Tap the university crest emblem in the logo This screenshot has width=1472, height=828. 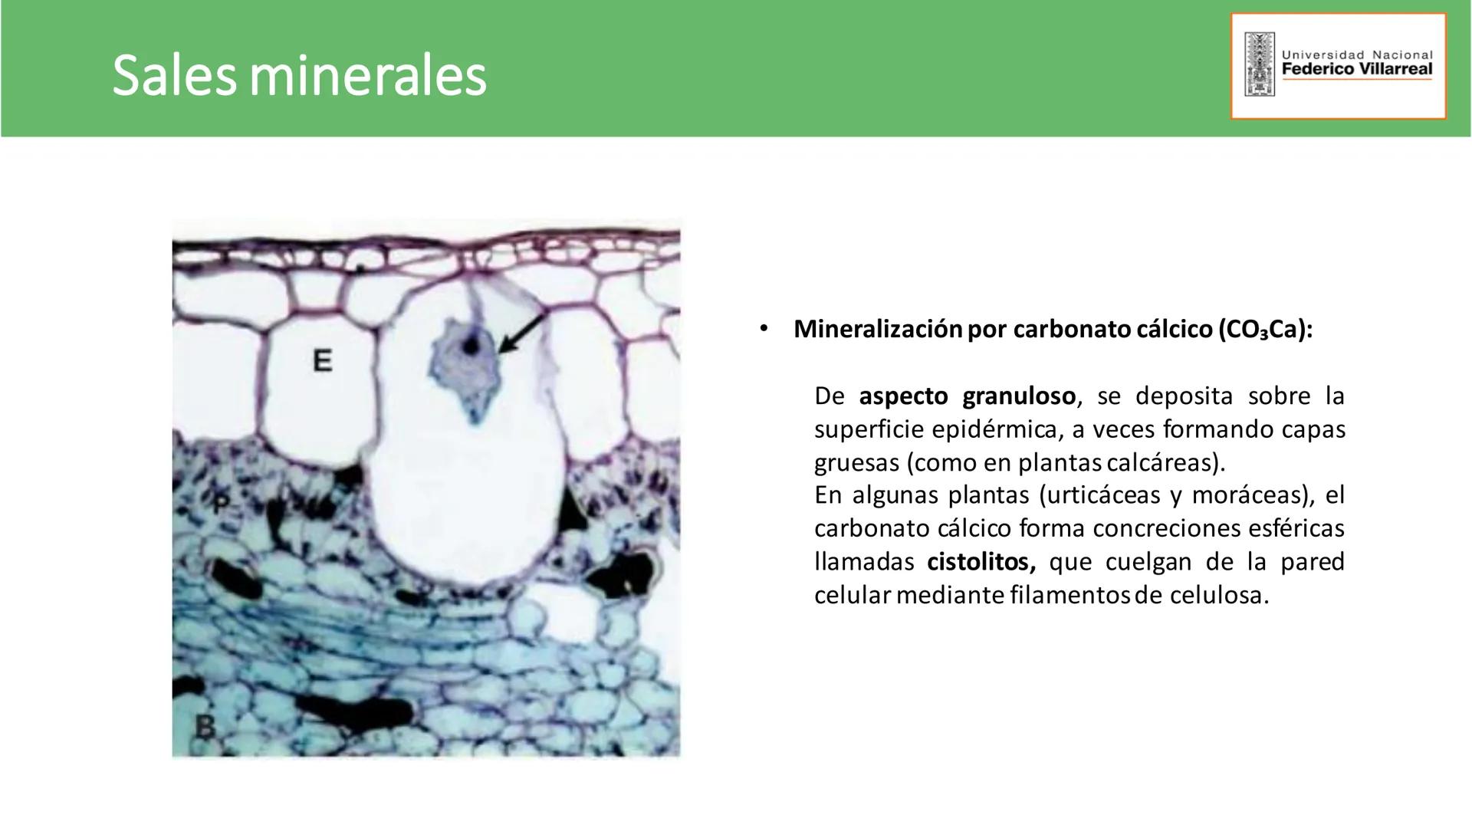pos(1259,64)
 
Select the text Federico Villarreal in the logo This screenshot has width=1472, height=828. pos(1357,69)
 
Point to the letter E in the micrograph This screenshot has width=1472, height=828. pos(323,360)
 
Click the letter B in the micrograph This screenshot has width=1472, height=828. pos(204,725)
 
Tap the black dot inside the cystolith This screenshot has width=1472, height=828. pos(470,346)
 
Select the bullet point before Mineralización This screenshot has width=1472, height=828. pos(763,329)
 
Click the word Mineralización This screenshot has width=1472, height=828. pos(878,329)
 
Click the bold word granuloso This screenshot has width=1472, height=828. pos(1019,396)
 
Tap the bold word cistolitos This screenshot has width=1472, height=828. pos(981,562)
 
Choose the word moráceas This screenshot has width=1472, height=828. pos(1253,495)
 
